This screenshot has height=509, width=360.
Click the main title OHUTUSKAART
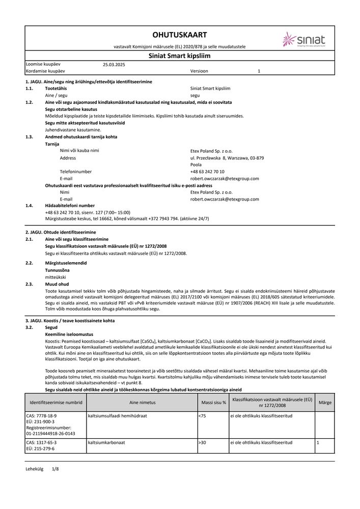tap(180, 35)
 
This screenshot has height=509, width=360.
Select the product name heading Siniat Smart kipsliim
tap(180, 56)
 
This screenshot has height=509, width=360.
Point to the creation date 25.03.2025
tap(114, 65)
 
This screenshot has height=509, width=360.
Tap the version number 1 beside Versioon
tap(259, 72)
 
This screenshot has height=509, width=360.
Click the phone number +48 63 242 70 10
tap(207, 172)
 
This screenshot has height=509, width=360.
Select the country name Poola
tap(196, 165)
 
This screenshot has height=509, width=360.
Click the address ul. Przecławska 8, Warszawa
tap(227, 158)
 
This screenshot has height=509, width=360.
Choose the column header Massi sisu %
tap(213, 402)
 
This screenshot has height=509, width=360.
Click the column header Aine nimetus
tap(142, 402)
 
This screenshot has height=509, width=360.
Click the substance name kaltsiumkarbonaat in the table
tap(106, 442)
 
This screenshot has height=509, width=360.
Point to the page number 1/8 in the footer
tap(56, 468)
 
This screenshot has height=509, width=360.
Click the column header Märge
tap(325, 402)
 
